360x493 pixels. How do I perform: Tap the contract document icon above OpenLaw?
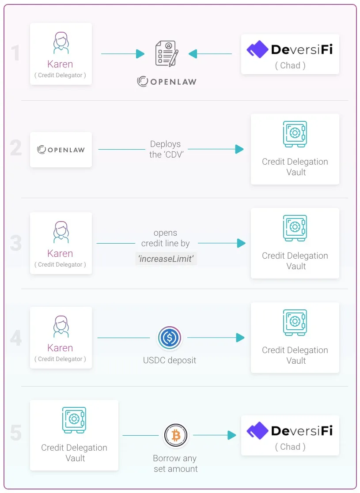click(x=167, y=53)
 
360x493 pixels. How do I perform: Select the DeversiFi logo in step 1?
click(x=289, y=49)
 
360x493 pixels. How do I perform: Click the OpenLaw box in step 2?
click(x=61, y=150)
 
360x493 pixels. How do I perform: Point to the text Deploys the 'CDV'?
click(x=166, y=149)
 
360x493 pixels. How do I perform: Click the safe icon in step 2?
click(x=295, y=134)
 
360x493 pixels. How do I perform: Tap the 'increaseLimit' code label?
click(x=166, y=259)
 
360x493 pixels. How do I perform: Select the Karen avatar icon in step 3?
click(x=61, y=232)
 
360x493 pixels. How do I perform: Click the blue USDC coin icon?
click(x=170, y=338)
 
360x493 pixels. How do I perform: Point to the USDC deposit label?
click(x=169, y=360)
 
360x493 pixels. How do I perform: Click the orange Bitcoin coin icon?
click(x=176, y=436)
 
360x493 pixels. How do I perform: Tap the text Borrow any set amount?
click(x=175, y=463)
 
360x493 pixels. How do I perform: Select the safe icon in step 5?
click(x=74, y=420)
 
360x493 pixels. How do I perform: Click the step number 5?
click(x=16, y=433)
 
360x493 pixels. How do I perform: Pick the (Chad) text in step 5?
click(x=290, y=447)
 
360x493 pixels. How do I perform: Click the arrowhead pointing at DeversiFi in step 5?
click(x=232, y=435)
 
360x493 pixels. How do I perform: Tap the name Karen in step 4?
click(x=60, y=348)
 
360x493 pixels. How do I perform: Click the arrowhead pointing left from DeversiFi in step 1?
click(x=193, y=54)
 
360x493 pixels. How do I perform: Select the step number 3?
click(x=16, y=243)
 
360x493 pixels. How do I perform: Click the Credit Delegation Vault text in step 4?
click(x=295, y=355)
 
